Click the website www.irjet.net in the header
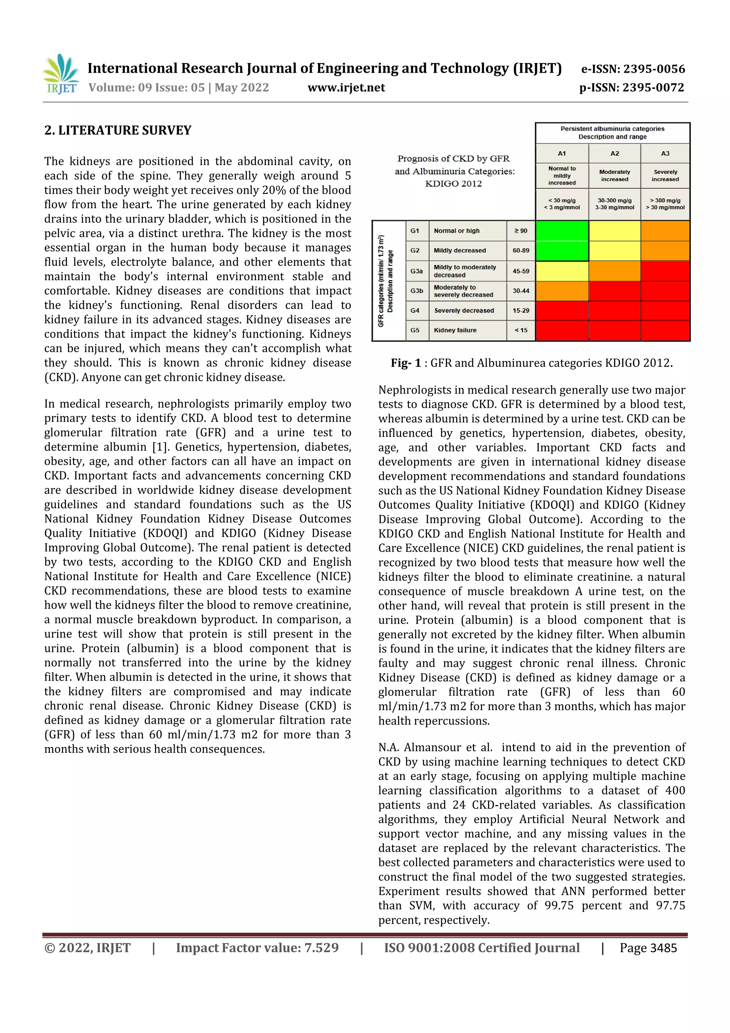click(x=346, y=88)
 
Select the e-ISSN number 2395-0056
click(x=653, y=69)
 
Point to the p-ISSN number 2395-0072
click(x=653, y=88)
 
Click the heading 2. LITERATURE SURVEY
click(x=118, y=131)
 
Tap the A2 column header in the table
click(x=615, y=153)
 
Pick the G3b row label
click(x=416, y=291)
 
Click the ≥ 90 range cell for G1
click(x=521, y=231)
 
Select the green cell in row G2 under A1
click(x=562, y=251)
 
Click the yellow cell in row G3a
click(x=562, y=271)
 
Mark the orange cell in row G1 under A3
click(x=665, y=231)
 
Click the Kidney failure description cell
click(x=455, y=330)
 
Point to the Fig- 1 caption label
click(x=406, y=363)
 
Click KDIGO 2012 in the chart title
click(x=453, y=184)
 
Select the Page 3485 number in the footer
click(x=648, y=948)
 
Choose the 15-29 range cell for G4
click(x=521, y=311)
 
